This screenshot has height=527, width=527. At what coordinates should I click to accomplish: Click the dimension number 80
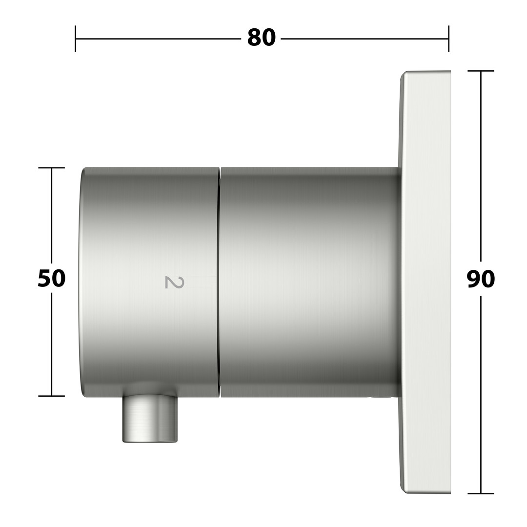[x=262, y=38]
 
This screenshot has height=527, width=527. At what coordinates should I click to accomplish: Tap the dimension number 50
[x=51, y=279]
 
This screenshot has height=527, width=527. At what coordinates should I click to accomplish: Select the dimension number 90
[x=481, y=279]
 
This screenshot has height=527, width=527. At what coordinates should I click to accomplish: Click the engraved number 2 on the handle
[x=174, y=283]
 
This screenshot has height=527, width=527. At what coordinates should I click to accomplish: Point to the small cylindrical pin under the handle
[x=150, y=419]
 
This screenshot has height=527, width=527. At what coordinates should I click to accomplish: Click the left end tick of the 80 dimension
[x=75, y=39]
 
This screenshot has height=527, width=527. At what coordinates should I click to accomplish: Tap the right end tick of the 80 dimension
[x=448, y=39]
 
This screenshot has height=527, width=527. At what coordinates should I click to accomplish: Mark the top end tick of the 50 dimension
[x=51, y=167]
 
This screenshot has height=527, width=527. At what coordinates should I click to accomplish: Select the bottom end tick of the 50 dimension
[x=51, y=396]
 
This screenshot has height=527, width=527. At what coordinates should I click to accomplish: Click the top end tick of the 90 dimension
[x=481, y=71]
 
